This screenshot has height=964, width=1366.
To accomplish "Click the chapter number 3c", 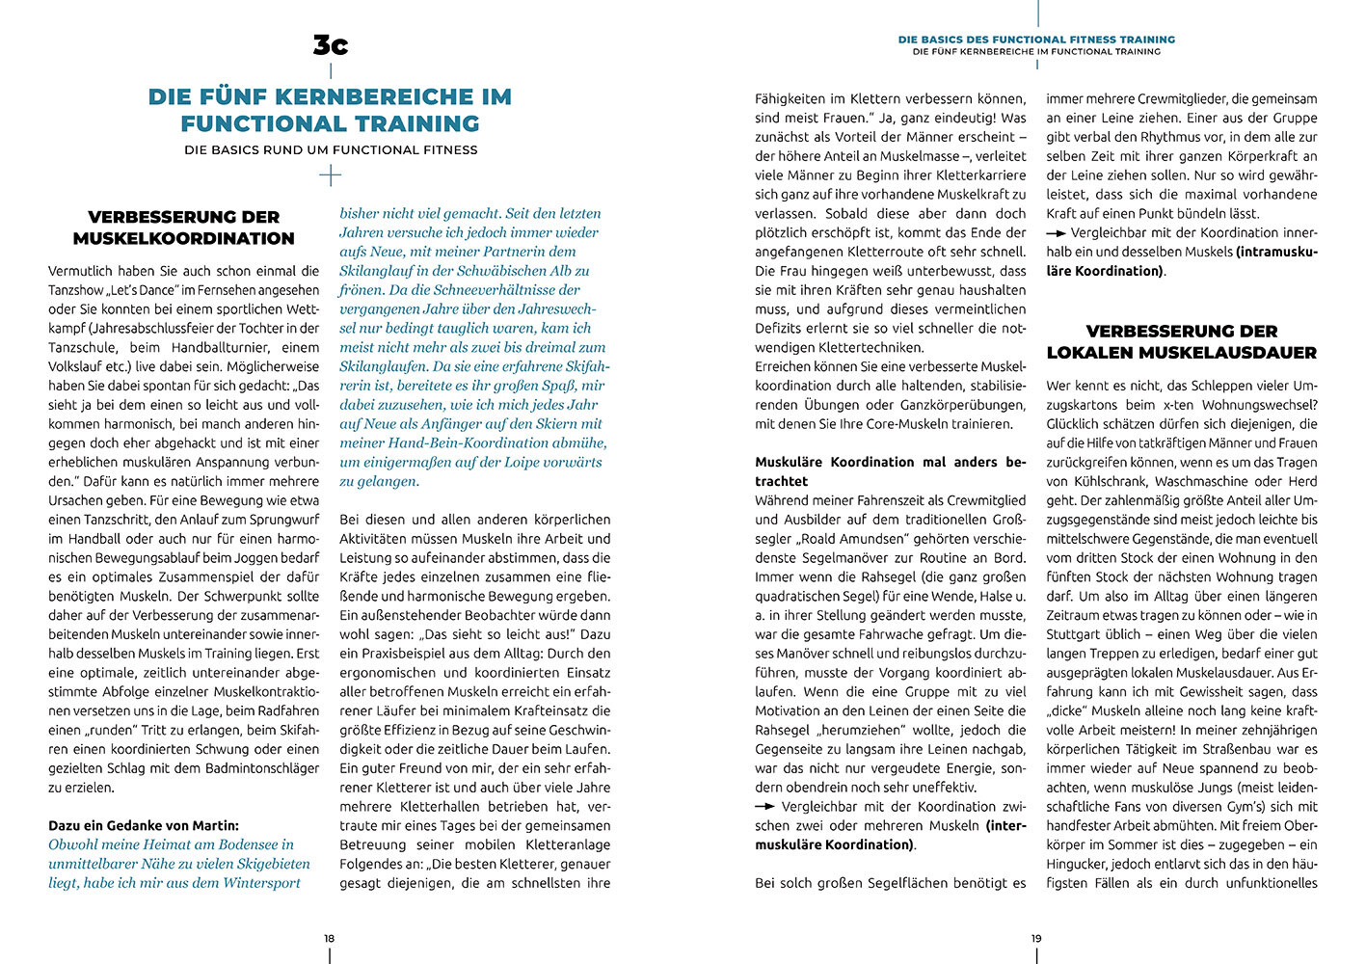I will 331,44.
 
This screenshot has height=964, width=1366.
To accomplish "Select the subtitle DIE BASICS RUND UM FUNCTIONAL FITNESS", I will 331,149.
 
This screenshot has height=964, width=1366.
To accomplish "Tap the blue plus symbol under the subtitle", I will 331,175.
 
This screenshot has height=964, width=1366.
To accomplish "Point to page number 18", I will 329,938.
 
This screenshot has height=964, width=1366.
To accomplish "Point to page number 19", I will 1036,938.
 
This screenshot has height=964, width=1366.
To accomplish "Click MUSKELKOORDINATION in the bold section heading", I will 183,238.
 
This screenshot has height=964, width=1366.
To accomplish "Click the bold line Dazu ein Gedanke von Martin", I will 144,825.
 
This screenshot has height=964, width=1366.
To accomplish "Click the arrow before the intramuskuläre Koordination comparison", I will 1056,233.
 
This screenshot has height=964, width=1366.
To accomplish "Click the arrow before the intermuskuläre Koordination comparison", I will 764,807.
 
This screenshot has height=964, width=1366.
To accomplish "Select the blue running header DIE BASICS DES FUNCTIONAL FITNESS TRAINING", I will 1036,40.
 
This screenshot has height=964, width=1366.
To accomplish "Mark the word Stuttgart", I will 1078,634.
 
